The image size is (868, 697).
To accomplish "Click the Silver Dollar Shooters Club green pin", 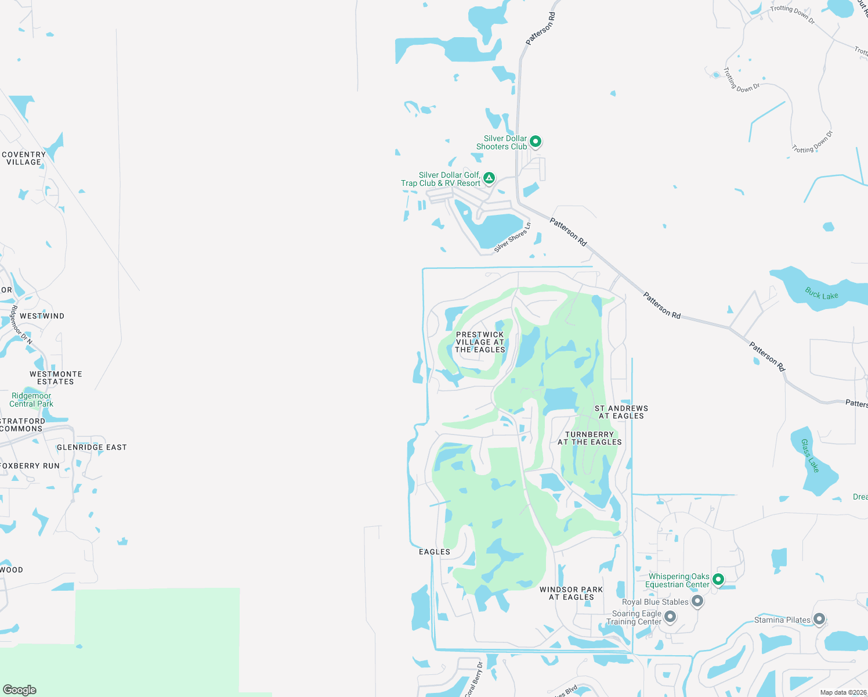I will (536, 141).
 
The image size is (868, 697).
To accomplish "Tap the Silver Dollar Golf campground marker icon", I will (489, 178).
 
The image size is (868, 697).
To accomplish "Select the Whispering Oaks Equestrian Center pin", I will (718, 579).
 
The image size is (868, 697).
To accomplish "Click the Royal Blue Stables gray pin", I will (697, 601).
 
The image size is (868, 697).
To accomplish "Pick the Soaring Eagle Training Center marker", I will (670, 616).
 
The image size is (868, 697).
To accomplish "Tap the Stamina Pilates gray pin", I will (819, 619).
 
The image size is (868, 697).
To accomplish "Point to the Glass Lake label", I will (810, 455).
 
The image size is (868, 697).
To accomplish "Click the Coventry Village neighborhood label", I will (24, 159).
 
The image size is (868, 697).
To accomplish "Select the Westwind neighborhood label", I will (42, 316).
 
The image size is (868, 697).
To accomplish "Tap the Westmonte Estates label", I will (56, 378).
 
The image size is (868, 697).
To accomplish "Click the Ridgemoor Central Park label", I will (31, 400).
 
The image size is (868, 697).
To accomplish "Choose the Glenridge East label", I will (92, 447).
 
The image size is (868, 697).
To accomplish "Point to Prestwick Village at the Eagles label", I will (480, 342).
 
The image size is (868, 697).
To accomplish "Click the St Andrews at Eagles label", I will (621, 412).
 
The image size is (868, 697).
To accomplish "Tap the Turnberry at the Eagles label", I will (589, 439).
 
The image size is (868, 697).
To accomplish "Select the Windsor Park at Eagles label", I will (572, 593).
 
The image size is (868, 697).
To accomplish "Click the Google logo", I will (19, 689).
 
